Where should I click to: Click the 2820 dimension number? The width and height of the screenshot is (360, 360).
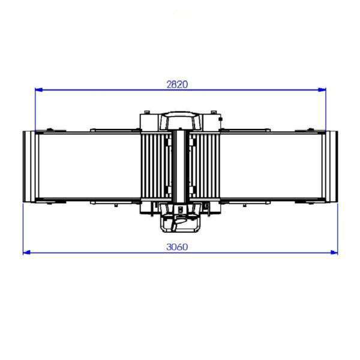click(x=177, y=85)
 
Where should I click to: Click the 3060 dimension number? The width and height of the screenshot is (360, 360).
click(x=177, y=247)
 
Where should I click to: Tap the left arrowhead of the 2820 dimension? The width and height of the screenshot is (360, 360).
click(x=39, y=89)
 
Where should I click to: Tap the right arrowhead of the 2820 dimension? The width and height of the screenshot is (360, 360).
click(x=322, y=89)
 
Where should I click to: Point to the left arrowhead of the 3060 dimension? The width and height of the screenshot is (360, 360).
click(x=27, y=253)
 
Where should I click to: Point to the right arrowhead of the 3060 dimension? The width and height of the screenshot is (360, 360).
click(x=334, y=253)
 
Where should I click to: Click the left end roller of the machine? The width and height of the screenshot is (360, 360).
click(x=29, y=166)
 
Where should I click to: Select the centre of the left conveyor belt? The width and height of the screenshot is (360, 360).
click(x=89, y=166)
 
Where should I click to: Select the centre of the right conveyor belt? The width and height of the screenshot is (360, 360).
click(x=271, y=166)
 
